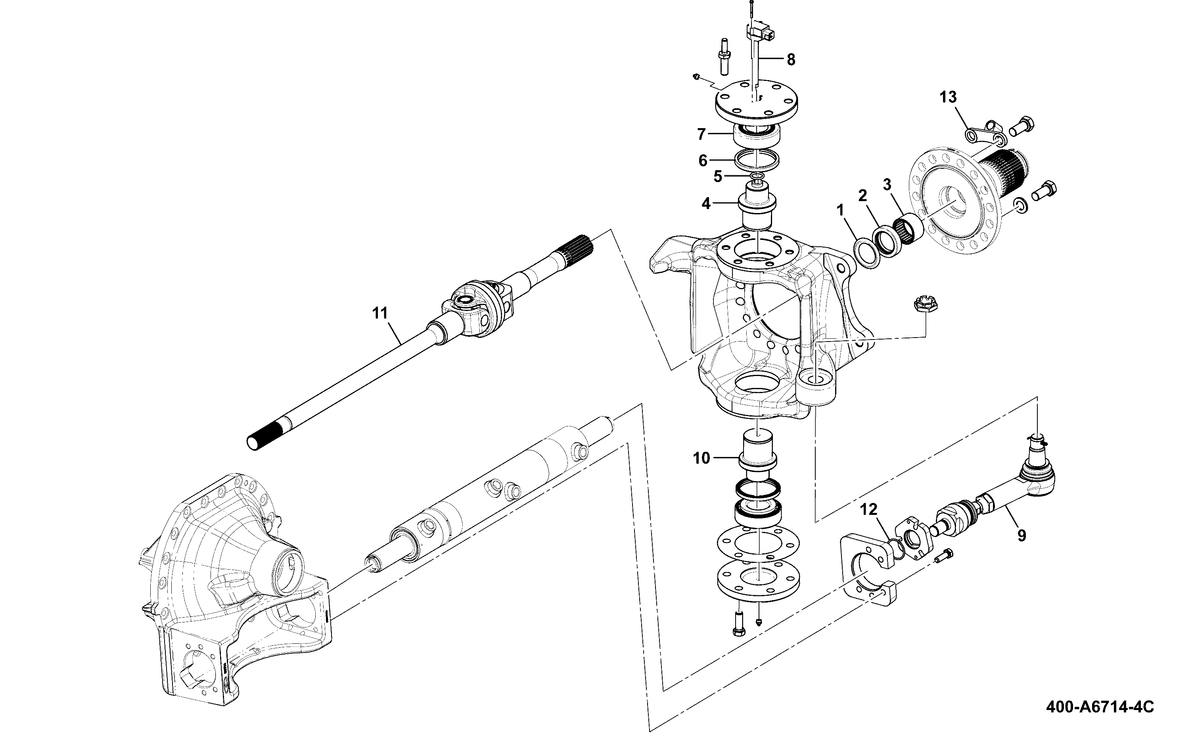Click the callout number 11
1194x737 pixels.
coord(379,313)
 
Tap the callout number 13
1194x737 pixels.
coord(948,97)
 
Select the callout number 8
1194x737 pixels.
coord(791,59)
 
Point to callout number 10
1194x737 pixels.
coord(701,458)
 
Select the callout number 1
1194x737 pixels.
coord(839,211)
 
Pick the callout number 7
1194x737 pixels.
coord(701,134)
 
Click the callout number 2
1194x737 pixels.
coord(863,196)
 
